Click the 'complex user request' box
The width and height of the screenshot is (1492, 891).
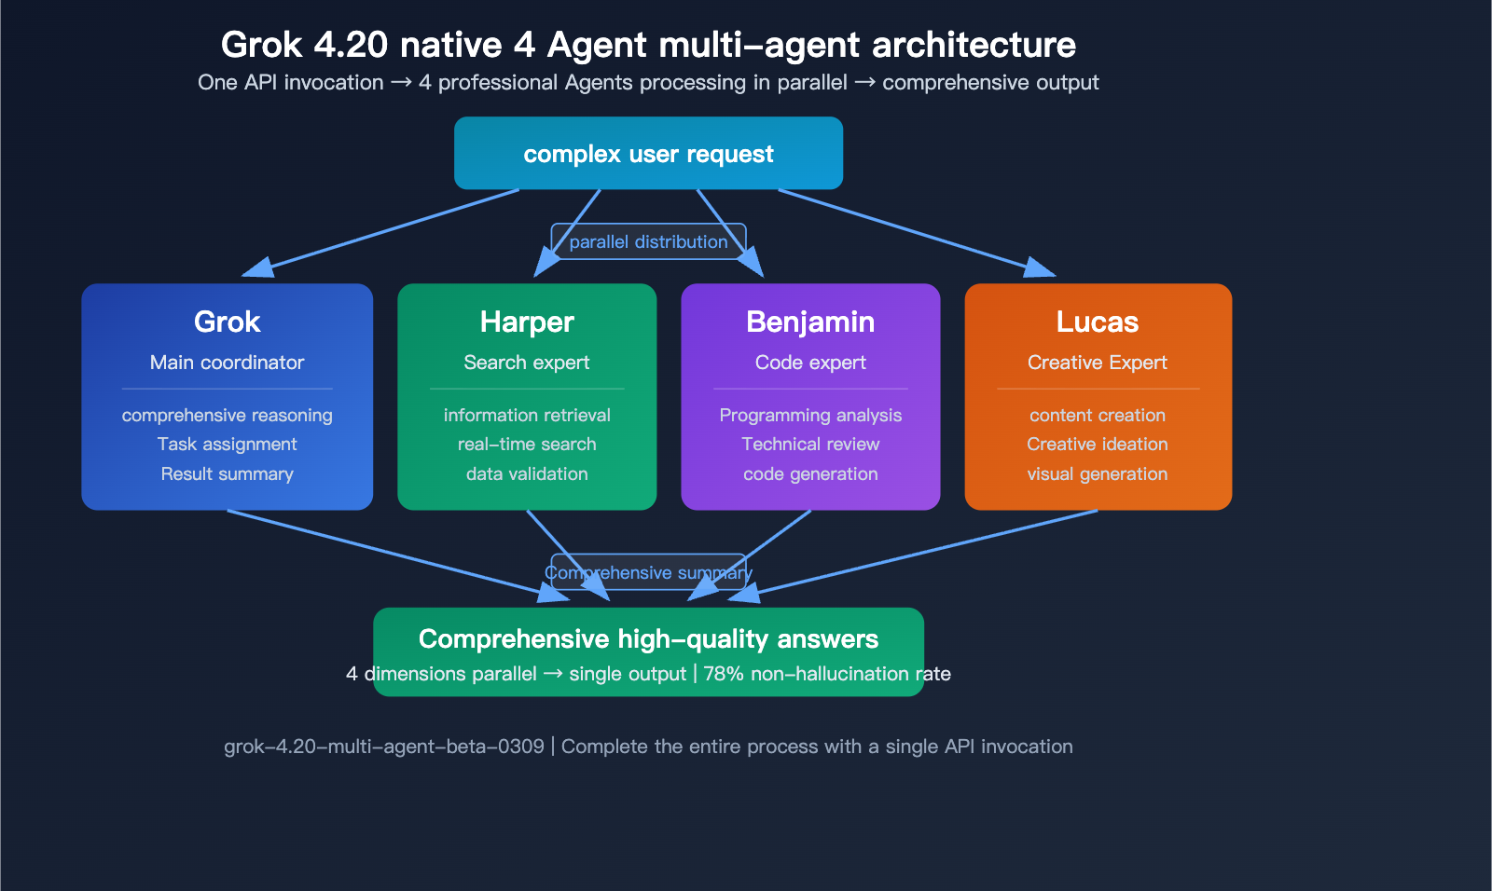[x=648, y=154]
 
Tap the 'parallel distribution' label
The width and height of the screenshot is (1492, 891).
[x=648, y=242]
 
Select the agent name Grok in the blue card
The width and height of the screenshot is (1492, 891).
[x=227, y=322]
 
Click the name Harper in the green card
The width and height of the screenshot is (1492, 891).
[x=527, y=322]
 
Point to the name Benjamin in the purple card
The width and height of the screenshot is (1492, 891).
[x=810, y=322]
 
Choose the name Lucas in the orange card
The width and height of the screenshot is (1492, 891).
[x=1098, y=322]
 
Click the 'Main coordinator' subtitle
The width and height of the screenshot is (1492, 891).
[x=227, y=363]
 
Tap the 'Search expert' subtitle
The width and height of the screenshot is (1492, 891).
[x=527, y=363]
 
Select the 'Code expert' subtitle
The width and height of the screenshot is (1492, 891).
[x=810, y=363]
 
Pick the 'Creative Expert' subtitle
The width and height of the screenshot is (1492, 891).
[x=1098, y=363]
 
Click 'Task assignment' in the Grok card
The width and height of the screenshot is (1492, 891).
[x=227, y=445]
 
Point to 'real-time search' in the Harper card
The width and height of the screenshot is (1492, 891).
[x=527, y=445]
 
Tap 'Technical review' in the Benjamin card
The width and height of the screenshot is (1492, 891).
[x=810, y=445]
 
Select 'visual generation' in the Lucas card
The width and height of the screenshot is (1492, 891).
[x=1098, y=474]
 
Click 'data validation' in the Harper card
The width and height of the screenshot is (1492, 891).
[x=527, y=474]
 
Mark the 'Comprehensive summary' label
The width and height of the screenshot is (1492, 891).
[x=648, y=573]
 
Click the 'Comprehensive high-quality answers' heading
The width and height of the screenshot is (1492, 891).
[x=648, y=639]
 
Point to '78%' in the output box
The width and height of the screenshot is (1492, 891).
[x=723, y=674]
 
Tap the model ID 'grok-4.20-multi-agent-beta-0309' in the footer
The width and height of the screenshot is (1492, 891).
[x=384, y=747]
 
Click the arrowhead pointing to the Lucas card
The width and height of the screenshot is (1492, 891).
[x=1041, y=268]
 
